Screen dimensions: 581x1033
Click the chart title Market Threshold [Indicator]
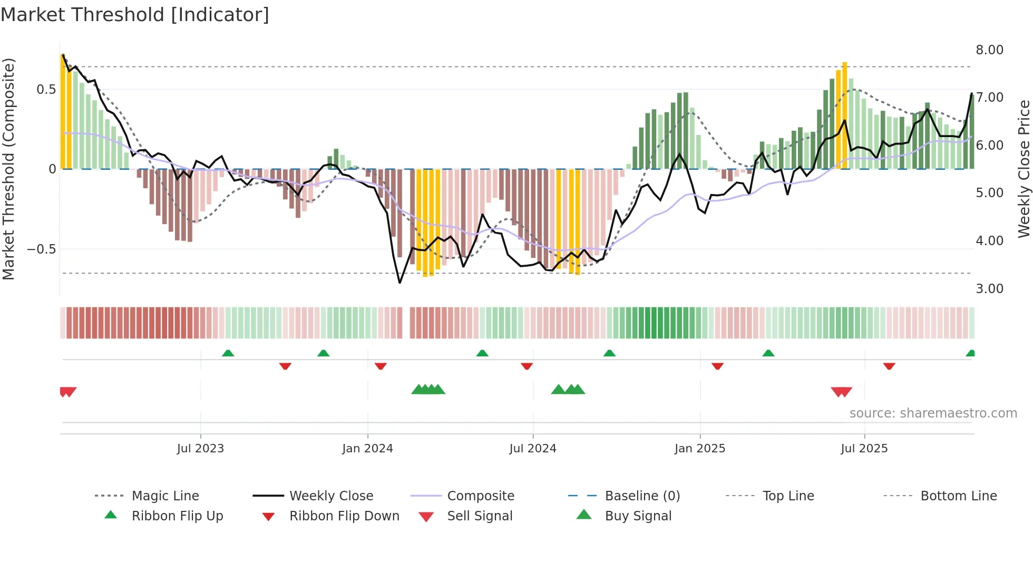click(x=135, y=15)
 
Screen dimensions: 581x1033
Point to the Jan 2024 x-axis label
click(x=367, y=449)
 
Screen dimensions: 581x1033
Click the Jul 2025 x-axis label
click(x=864, y=449)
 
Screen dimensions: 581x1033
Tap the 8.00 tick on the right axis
click(x=989, y=50)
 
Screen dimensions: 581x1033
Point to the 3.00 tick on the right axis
click(x=989, y=289)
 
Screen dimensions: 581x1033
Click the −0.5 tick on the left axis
click(x=41, y=249)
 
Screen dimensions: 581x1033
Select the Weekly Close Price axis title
click(x=1024, y=169)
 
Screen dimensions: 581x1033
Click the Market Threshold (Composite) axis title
click(x=8, y=169)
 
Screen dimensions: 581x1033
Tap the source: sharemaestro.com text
click(x=933, y=413)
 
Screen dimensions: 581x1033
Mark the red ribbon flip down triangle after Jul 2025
click(x=889, y=366)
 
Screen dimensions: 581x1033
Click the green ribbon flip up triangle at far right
click(x=970, y=353)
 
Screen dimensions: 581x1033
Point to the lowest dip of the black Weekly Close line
click(x=400, y=283)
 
